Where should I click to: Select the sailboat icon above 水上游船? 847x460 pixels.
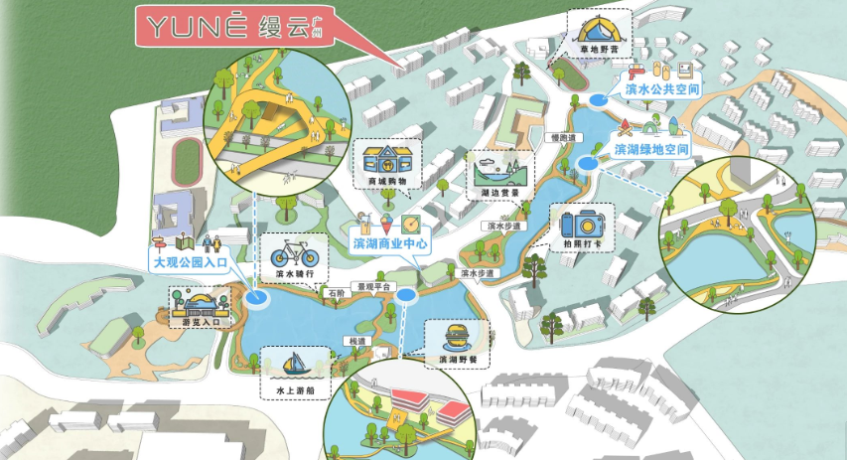[294, 364]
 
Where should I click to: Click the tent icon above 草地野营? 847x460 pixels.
[599, 27]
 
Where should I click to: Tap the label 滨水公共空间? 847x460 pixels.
[662, 89]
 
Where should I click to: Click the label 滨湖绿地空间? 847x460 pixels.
[651, 148]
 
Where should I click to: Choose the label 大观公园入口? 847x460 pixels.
[190, 263]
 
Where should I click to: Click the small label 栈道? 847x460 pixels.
[356, 341]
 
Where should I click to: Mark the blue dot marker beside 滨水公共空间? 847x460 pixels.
[599, 99]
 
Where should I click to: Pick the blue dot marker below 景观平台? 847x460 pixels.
[406, 295]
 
